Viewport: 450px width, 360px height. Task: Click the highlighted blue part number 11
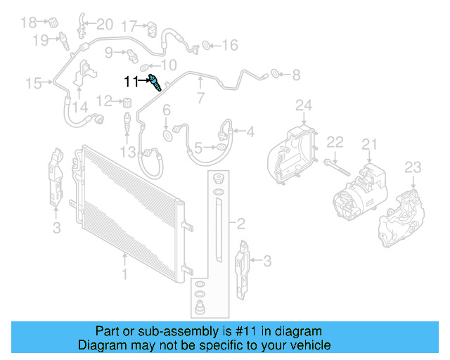click(x=157, y=84)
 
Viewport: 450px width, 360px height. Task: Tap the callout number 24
click(x=303, y=106)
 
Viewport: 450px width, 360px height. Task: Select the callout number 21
click(x=370, y=145)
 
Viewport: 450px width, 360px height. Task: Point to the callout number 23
click(x=413, y=167)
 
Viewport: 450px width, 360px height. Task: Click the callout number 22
click(x=335, y=142)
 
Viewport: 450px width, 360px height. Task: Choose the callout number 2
click(x=240, y=224)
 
